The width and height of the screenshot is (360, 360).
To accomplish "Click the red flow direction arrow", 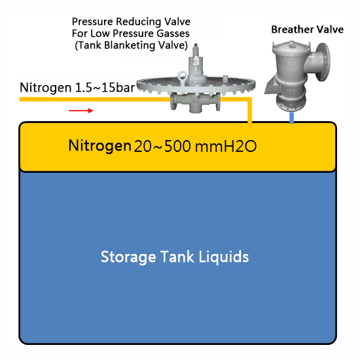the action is (x=81, y=111).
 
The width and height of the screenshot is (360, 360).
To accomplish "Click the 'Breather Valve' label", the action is (x=308, y=29).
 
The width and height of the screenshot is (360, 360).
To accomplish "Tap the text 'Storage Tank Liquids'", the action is (x=175, y=257).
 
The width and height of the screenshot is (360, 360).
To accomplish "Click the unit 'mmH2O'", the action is (x=226, y=146).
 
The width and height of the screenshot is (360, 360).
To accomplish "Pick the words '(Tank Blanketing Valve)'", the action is (x=132, y=45).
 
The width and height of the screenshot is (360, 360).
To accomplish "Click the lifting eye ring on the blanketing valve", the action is (x=183, y=75).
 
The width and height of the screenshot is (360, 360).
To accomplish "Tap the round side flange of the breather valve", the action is (x=323, y=62).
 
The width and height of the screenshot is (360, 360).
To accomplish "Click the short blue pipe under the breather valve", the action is (x=291, y=118).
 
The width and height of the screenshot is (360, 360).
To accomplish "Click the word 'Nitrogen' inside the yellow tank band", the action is (x=99, y=145).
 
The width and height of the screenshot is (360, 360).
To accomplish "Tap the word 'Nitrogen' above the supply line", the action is (x=46, y=88).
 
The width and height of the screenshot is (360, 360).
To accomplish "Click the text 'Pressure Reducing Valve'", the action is (x=131, y=22).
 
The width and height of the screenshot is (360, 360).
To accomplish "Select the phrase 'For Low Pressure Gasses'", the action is (x=131, y=33).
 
